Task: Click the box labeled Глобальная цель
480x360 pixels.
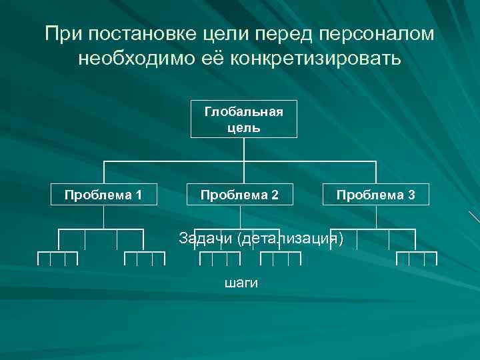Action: [x=243, y=119]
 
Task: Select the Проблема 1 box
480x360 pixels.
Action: [x=103, y=195]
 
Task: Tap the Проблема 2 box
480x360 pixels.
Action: [x=241, y=195]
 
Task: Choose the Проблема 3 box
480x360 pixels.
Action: [x=376, y=195]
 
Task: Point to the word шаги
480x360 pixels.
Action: [x=241, y=283]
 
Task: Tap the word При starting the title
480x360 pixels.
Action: [x=63, y=33]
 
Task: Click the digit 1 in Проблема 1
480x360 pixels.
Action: [x=138, y=195]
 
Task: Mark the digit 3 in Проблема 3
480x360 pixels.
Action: [x=411, y=195]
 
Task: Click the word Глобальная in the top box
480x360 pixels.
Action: [x=243, y=111]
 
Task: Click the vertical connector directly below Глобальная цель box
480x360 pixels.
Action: [x=244, y=149]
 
